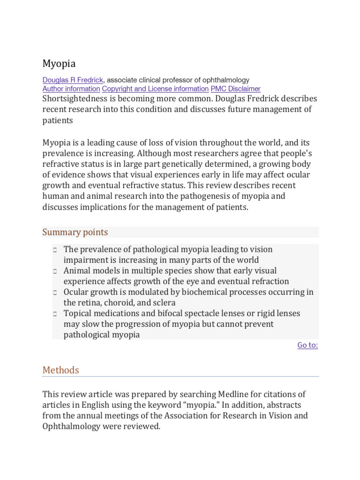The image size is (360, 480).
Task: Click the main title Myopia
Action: [x=59, y=63]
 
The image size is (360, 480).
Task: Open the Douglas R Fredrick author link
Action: [x=73, y=80]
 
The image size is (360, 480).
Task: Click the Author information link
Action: [x=71, y=89]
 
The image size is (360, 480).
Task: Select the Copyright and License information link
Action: [x=155, y=89]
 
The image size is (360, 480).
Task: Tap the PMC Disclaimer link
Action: [x=235, y=89]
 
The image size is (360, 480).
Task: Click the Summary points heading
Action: [x=75, y=232]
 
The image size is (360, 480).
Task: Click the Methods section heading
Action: [x=61, y=370]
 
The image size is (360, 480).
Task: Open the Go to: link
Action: [x=307, y=345]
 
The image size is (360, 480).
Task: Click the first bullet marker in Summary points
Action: [x=55, y=250]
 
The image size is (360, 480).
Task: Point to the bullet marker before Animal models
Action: [x=55, y=271]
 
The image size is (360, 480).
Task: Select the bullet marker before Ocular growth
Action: [x=55, y=292]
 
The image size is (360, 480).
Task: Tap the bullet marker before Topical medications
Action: [x=55, y=314]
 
